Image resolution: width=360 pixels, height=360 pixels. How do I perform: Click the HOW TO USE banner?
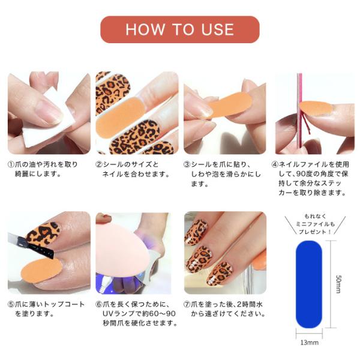[x=180, y=29]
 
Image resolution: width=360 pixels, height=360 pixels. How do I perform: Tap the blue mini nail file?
[x=309, y=284]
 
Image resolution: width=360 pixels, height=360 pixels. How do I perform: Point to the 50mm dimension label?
[x=338, y=284]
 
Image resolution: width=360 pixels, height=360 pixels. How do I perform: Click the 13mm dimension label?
[x=309, y=343]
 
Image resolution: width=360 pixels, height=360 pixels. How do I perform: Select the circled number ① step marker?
[x=11, y=164]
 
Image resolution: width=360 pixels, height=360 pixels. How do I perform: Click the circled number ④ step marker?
[x=275, y=164]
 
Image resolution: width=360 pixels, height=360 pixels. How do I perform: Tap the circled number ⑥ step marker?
[x=99, y=304]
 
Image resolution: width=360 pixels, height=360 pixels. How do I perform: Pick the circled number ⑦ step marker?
[x=187, y=304]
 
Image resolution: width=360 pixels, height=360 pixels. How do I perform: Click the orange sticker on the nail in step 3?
[x=230, y=104]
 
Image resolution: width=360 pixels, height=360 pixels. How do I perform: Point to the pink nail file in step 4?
[x=299, y=113]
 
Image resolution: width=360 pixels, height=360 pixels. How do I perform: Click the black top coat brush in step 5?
[x=31, y=245]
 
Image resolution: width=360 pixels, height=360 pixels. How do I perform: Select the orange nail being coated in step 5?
[x=41, y=270]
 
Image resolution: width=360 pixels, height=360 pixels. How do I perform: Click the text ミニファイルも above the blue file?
[x=315, y=224]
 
